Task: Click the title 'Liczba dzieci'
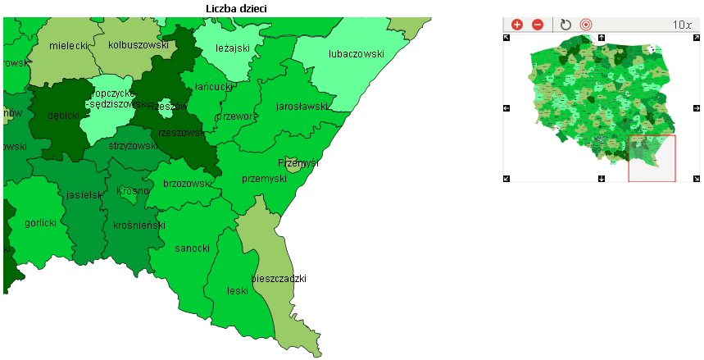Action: (x=237, y=8)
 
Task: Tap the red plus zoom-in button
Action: (x=517, y=25)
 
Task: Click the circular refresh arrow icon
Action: (x=565, y=25)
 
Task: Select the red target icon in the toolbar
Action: (x=586, y=25)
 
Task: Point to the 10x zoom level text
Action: (x=682, y=25)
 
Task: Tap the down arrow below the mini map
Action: (x=602, y=178)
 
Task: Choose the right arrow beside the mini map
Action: (x=697, y=108)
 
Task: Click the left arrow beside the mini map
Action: (x=506, y=108)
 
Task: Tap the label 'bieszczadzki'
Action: (x=279, y=279)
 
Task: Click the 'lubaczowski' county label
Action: (x=356, y=54)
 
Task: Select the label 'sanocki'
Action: (x=193, y=248)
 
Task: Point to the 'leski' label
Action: (x=238, y=291)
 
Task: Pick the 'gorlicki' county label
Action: (x=40, y=223)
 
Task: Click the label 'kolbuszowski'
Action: (x=138, y=45)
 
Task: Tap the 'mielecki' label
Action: (x=68, y=46)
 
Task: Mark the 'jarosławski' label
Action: (x=302, y=107)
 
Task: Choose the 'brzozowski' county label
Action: (x=188, y=184)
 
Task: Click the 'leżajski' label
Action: (x=232, y=48)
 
